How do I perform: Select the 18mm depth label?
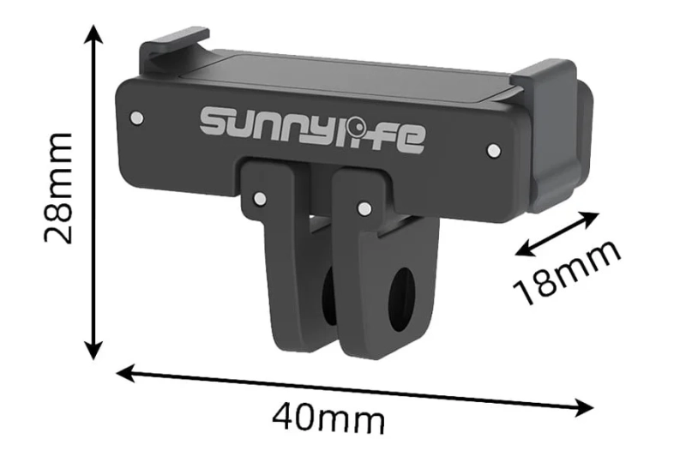(x=567, y=273)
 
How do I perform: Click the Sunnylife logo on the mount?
(x=312, y=129)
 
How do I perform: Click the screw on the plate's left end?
(x=135, y=115)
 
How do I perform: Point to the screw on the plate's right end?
(x=493, y=150)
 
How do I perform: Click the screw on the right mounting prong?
(x=364, y=207)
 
